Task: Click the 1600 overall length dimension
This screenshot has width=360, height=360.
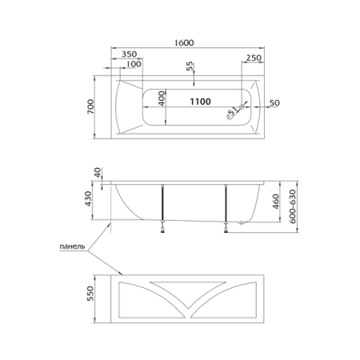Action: (x=184, y=42)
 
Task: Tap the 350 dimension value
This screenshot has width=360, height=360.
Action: (x=129, y=54)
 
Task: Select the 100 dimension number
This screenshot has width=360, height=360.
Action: (x=134, y=64)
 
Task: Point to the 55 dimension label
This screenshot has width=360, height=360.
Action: (x=190, y=66)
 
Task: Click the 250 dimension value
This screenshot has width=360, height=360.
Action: (x=254, y=58)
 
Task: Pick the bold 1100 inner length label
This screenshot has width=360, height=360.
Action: (x=200, y=102)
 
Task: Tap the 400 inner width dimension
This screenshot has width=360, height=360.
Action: (x=162, y=98)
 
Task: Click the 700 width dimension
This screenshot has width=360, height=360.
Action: (x=90, y=106)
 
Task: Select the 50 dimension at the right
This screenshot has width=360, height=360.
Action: (x=274, y=103)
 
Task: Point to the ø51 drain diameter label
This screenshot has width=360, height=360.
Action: (x=231, y=113)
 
